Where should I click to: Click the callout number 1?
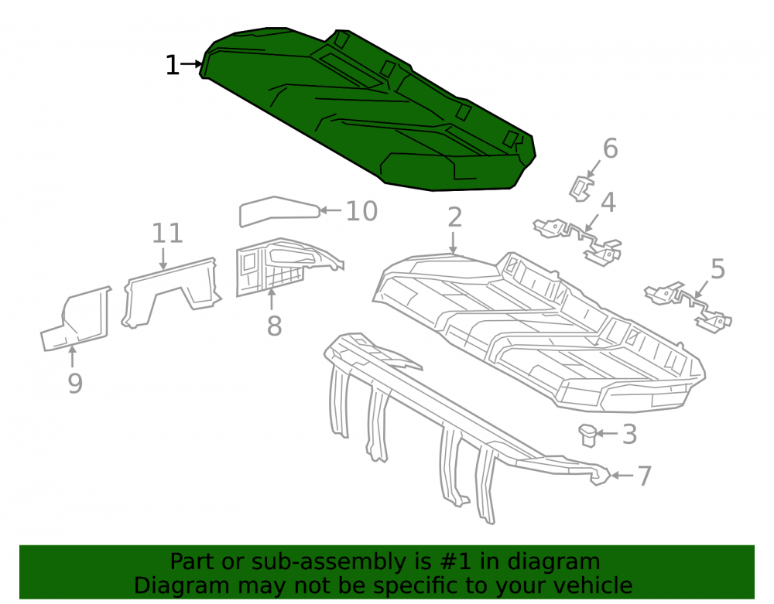[172, 65]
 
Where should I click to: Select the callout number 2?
[454, 217]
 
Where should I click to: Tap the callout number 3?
[629, 435]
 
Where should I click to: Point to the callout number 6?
[611, 148]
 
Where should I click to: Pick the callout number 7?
[644, 476]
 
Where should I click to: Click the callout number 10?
[361, 211]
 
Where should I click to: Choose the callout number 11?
[167, 234]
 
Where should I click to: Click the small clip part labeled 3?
[588, 435]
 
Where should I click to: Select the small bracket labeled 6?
[580, 189]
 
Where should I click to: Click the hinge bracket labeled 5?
[689, 305]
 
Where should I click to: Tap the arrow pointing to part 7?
[622, 476]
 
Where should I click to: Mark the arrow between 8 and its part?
[271, 299]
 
